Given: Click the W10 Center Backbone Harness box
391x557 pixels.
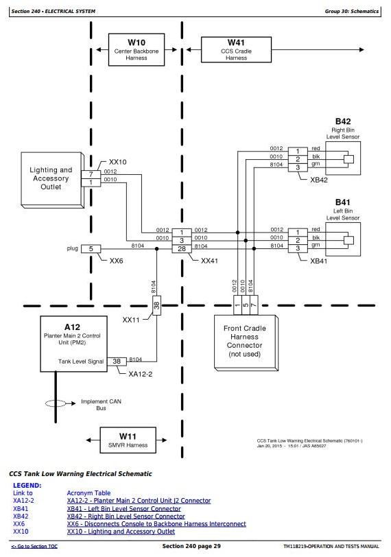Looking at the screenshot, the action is click(137, 49).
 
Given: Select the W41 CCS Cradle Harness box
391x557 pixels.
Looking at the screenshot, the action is click(236, 49).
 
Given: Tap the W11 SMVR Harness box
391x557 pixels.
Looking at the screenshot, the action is click(128, 440).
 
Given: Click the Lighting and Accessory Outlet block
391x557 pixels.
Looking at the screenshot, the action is click(52, 180).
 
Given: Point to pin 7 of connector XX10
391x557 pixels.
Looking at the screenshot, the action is click(91, 174).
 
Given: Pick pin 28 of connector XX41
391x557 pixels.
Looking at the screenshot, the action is click(182, 249).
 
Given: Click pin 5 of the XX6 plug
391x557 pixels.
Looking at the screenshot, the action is click(91, 248).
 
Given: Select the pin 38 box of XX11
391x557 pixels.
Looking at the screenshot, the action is click(156, 305).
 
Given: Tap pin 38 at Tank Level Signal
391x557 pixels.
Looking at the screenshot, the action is click(117, 362).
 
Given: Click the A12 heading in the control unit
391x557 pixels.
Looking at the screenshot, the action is click(72, 327).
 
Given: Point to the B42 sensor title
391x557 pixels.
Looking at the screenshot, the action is click(343, 121).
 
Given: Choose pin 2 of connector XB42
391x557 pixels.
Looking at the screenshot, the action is click(298, 159).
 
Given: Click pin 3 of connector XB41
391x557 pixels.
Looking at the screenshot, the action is click(298, 248).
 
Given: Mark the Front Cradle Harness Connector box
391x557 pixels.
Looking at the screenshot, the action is click(246, 342).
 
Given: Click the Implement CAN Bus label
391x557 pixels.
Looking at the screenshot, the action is click(102, 405).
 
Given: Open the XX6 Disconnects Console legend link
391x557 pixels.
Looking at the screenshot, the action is click(156, 524).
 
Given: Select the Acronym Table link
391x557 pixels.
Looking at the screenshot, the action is click(88, 493).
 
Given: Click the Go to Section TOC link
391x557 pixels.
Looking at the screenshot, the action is click(34, 546).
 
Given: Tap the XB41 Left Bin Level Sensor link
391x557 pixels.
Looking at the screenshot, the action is click(124, 509).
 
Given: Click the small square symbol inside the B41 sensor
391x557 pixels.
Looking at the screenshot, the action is click(348, 240).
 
